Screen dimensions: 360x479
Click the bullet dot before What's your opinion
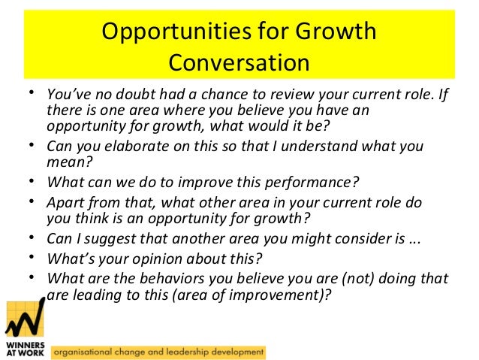point(32,257)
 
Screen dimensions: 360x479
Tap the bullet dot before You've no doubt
point(32,93)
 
